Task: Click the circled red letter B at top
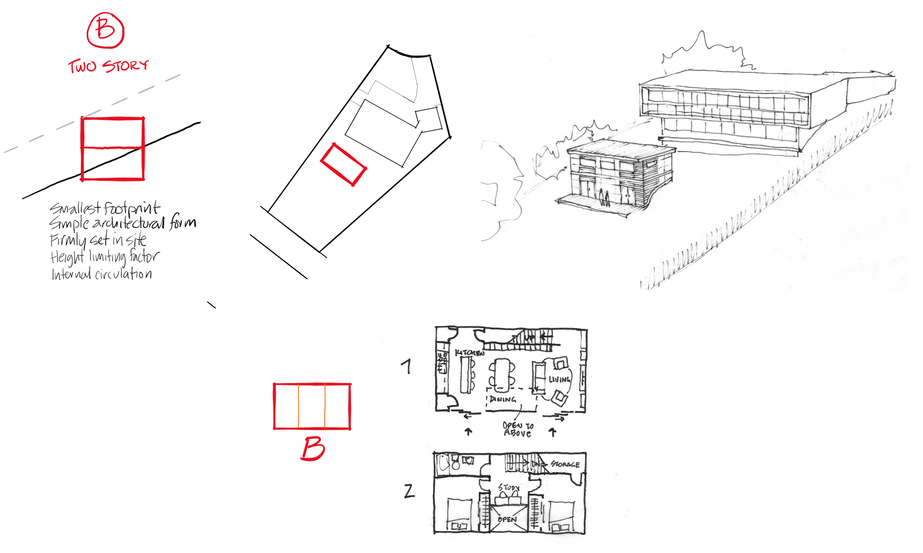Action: (105, 30)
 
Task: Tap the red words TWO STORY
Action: (108, 66)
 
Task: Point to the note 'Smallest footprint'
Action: (105, 208)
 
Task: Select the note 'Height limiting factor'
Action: (105, 257)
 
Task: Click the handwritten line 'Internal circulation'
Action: (102, 274)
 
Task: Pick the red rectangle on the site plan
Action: (344, 165)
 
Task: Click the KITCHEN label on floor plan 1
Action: (470, 353)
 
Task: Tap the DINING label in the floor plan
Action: (503, 399)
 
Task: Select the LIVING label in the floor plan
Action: (559, 379)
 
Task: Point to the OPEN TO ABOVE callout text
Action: (517, 429)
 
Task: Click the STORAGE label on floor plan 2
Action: (565, 464)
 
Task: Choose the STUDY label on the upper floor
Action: (509, 487)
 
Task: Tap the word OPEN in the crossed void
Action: (507, 520)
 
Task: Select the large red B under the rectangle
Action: (313, 449)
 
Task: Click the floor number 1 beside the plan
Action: (406, 367)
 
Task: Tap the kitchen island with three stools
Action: (466, 375)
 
